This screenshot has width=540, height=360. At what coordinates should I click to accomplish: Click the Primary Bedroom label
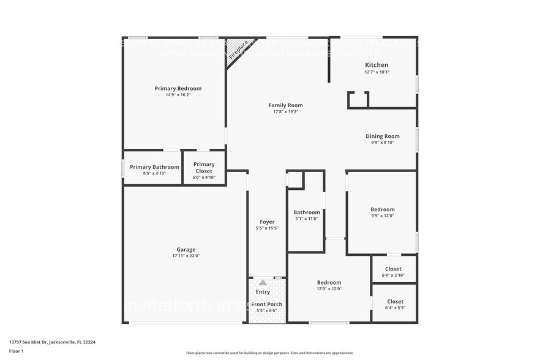(178, 89)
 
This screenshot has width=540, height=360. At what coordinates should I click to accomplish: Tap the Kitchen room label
(377, 65)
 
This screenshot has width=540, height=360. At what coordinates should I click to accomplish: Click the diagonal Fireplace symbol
(238, 50)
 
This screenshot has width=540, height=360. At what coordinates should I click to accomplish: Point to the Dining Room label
(383, 136)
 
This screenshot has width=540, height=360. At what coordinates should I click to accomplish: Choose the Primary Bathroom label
(154, 167)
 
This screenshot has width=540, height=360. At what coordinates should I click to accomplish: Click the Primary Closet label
(204, 167)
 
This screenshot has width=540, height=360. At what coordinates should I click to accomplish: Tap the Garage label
(186, 249)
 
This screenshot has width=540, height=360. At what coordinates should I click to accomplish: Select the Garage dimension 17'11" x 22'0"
(186, 256)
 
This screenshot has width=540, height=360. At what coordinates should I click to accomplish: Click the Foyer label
(267, 222)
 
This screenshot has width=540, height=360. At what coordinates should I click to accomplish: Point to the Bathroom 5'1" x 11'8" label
(306, 212)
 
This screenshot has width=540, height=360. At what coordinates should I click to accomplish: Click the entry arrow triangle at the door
(263, 282)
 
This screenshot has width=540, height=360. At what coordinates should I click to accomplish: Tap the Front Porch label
(267, 304)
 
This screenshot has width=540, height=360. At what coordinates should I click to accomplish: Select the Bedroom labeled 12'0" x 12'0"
(329, 282)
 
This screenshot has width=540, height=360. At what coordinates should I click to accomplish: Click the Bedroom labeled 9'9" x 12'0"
(383, 209)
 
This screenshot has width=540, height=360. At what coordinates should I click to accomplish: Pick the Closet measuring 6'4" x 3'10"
(394, 269)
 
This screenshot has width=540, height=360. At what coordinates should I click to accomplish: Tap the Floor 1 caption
(16, 351)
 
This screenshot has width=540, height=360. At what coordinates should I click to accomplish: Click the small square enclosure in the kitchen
(358, 100)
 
